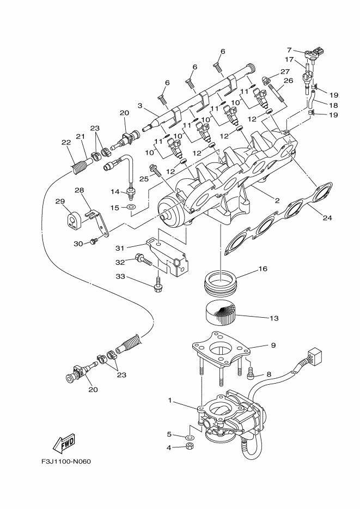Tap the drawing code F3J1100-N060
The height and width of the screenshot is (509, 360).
(65, 462)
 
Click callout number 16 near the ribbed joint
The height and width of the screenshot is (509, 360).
(263, 268)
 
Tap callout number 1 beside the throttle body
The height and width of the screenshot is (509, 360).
(170, 401)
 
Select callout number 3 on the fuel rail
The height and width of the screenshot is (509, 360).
(140, 106)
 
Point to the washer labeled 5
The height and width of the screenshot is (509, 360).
(188, 438)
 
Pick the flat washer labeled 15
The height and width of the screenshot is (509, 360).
(131, 208)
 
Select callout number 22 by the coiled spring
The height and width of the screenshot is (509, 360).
(66, 143)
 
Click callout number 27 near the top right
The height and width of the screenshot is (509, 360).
(285, 71)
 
